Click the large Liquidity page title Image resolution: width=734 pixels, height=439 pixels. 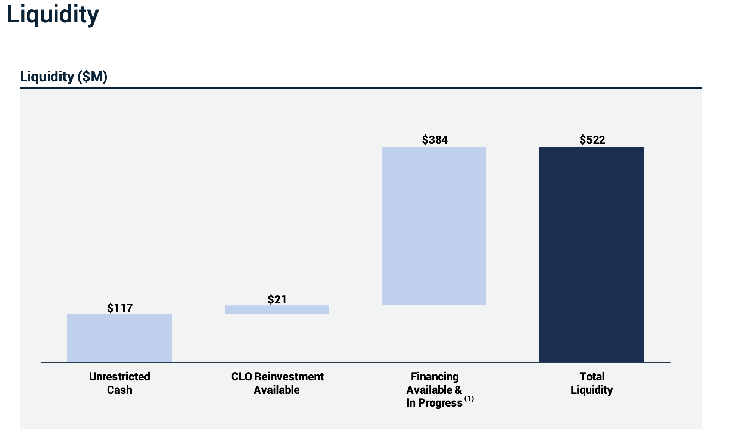(53, 15)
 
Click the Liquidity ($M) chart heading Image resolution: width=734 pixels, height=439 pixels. (63, 77)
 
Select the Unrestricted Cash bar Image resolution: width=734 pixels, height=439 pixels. (119, 338)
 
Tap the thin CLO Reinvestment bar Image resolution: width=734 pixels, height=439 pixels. (277, 309)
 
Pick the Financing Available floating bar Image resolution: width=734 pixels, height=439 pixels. (434, 225)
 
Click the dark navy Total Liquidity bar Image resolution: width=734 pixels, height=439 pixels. (591, 254)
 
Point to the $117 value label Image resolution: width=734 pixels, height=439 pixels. (120, 308)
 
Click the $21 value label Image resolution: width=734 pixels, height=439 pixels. (277, 299)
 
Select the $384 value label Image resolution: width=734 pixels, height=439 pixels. (435, 140)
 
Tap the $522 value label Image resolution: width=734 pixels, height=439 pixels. (592, 140)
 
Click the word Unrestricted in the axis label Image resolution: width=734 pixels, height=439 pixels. (119, 376)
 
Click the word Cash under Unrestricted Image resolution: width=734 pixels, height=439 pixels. (119, 390)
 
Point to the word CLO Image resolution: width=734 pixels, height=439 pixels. (242, 376)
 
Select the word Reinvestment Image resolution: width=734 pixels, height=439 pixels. (289, 376)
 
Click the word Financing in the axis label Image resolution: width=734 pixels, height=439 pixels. (435, 376)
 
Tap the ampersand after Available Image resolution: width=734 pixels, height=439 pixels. (458, 390)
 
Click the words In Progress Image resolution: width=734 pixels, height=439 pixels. (434, 403)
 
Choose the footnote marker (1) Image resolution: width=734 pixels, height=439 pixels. (469, 399)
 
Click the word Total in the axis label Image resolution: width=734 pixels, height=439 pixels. (592, 376)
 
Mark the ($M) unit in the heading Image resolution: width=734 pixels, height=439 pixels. (92, 77)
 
